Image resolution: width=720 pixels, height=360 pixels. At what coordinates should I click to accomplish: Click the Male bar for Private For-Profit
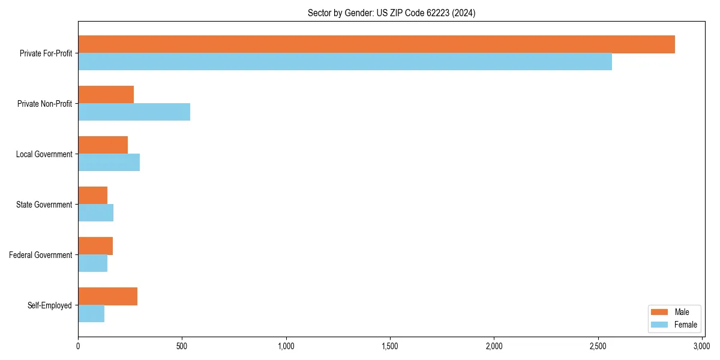(376, 44)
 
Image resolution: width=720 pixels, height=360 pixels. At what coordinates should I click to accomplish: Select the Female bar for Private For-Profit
(345, 62)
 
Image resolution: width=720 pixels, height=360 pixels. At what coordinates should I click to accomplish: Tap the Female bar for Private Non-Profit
(134, 112)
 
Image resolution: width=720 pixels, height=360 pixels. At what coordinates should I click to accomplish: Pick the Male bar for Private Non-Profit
(106, 95)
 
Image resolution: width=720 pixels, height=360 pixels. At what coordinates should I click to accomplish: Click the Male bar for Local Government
(103, 145)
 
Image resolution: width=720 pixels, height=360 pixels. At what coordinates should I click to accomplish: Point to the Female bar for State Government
(95, 213)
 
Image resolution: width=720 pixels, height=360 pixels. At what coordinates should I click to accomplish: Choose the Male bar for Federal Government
(95, 246)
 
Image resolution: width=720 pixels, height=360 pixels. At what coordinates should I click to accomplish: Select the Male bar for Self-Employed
(107, 296)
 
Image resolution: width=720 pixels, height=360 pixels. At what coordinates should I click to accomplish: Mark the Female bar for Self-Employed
(91, 314)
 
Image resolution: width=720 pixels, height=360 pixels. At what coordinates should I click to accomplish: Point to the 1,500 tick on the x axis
(390, 346)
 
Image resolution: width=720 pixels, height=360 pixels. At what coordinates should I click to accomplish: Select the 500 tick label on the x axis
(182, 346)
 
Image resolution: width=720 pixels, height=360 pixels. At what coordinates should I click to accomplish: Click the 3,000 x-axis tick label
(701, 346)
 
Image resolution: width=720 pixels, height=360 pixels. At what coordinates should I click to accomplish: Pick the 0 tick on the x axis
(78, 346)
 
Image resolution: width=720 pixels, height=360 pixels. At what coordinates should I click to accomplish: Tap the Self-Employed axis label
(49, 305)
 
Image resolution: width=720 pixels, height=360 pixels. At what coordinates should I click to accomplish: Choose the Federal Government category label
(40, 255)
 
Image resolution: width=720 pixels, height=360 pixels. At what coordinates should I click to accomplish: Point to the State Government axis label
(44, 205)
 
